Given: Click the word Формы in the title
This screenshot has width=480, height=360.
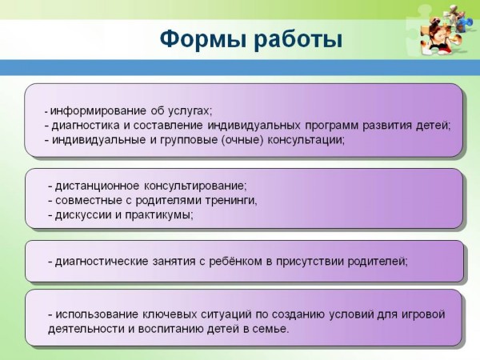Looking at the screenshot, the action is (x=202, y=39).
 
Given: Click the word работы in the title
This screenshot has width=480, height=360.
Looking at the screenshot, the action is (x=298, y=39).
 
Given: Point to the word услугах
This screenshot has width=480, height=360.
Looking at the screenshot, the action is (x=189, y=111).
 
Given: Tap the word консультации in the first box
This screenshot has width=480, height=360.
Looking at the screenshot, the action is (x=306, y=140).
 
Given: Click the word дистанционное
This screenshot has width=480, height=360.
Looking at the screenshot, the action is (x=98, y=186).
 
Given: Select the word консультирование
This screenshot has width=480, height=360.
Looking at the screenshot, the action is (x=195, y=186).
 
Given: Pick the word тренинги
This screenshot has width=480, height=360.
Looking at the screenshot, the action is (x=231, y=201).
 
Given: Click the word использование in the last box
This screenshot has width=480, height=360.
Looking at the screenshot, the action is (x=97, y=314).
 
